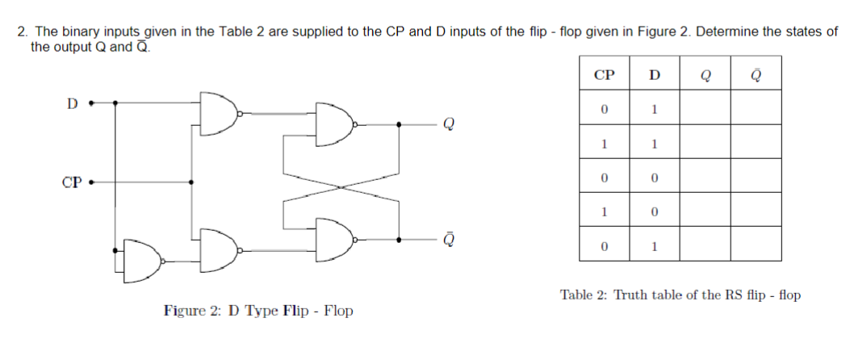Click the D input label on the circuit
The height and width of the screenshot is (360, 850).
click(x=72, y=103)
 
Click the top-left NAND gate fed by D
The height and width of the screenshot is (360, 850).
click(x=218, y=113)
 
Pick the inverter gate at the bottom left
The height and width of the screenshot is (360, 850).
click(x=144, y=261)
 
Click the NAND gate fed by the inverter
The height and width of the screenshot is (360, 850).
click(x=218, y=249)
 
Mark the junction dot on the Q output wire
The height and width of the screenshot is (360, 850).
click(x=400, y=124)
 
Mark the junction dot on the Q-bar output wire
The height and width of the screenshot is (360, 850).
click(x=400, y=239)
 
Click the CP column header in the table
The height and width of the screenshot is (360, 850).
click(x=603, y=75)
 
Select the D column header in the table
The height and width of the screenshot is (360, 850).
click(x=654, y=75)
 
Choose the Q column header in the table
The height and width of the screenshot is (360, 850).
click(x=706, y=75)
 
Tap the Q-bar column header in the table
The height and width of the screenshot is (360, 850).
click(x=756, y=75)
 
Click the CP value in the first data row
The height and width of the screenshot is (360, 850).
click(x=603, y=109)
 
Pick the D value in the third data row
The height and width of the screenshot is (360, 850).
click(x=654, y=177)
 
